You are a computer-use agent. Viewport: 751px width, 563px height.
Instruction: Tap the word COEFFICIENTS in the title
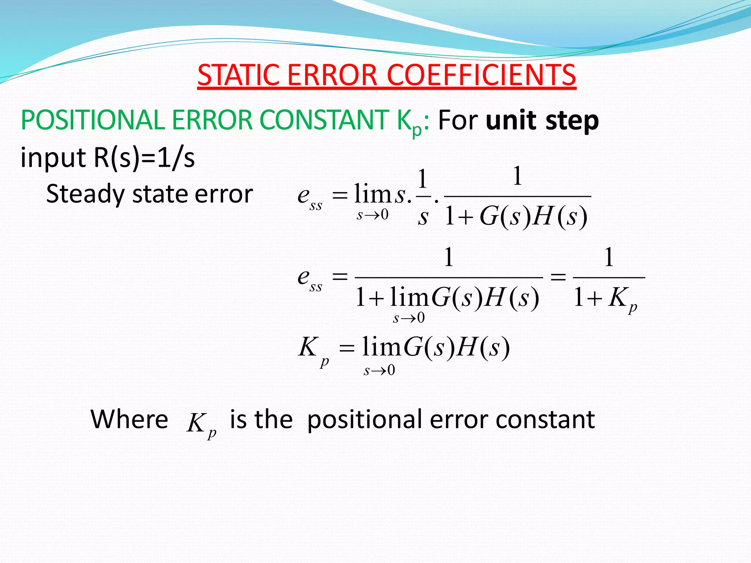tap(481, 75)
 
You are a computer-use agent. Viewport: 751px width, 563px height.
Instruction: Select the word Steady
tap(85, 195)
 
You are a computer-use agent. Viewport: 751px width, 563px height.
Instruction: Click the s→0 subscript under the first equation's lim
tap(372, 215)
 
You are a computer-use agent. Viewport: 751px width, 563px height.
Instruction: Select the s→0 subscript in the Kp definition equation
tap(379, 371)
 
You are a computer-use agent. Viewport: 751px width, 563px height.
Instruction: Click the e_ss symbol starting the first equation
tap(309, 198)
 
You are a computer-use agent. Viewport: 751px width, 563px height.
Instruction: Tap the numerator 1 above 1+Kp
tap(609, 257)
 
